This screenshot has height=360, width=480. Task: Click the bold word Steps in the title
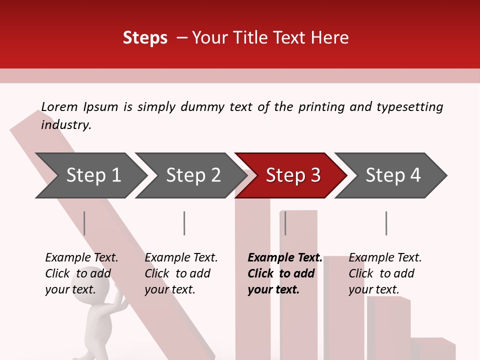[145, 37]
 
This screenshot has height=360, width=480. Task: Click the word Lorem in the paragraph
[59, 106]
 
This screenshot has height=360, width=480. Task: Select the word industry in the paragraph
[66, 124]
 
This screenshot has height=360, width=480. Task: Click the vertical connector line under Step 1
[84, 223]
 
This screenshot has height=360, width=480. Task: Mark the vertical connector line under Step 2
[184, 223]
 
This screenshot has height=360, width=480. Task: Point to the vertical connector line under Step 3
[285, 223]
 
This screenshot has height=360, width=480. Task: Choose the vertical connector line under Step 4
[386, 223]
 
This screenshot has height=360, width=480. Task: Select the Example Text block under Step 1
[81, 273]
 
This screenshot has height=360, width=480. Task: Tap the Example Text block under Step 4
[385, 273]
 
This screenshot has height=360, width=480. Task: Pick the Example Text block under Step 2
[181, 273]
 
